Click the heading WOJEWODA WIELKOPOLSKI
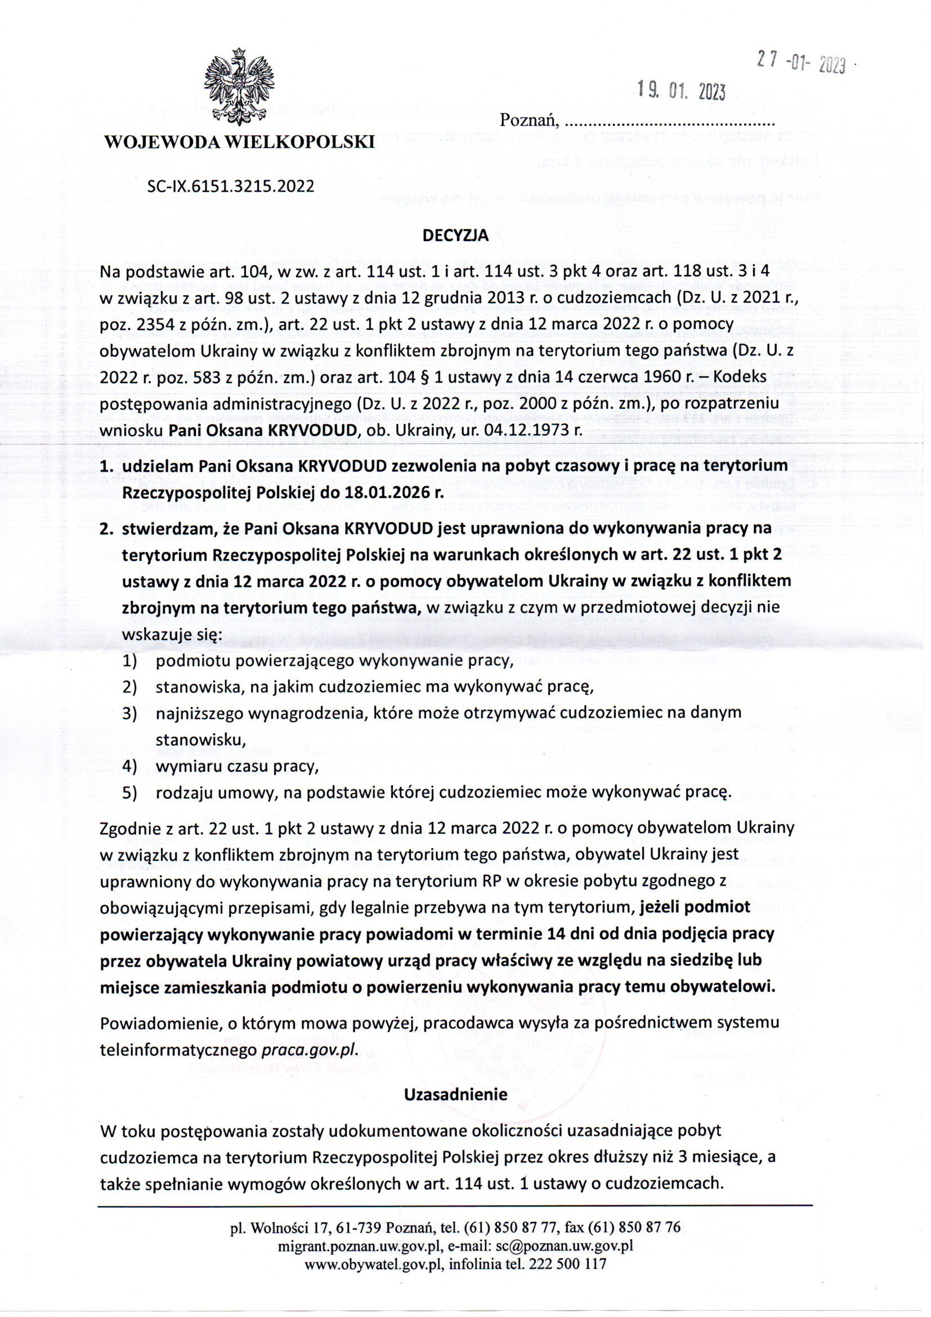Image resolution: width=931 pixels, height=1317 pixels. click(x=239, y=141)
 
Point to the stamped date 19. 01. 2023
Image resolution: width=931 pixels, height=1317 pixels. click(x=682, y=91)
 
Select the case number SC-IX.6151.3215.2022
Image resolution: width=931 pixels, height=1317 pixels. click(x=231, y=185)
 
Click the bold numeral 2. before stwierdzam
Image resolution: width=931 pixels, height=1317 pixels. click(x=106, y=528)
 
